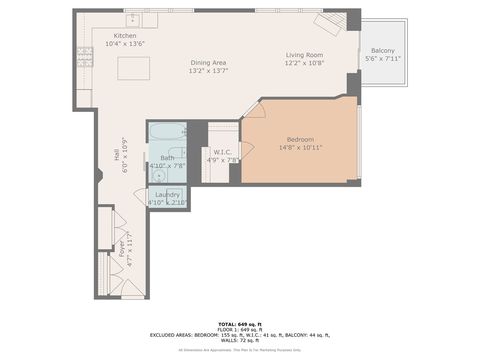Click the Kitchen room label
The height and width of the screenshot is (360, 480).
point(125,36)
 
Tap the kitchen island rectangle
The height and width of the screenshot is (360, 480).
point(134,68)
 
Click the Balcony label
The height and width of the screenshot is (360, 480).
point(382,50)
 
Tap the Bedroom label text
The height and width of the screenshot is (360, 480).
point(301,139)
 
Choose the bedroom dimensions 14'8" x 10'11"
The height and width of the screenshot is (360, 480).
point(301,148)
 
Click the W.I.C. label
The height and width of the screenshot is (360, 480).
point(223,151)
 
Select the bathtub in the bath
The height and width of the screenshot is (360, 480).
point(167,131)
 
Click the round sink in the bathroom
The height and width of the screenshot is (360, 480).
point(159,171)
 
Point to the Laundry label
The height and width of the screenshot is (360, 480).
point(167,194)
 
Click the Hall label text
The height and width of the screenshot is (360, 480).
point(117,156)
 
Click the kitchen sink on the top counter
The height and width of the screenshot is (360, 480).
point(132,19)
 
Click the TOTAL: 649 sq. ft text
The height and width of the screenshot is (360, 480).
point(240,323)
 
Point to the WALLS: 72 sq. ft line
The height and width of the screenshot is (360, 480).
point(240,341)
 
